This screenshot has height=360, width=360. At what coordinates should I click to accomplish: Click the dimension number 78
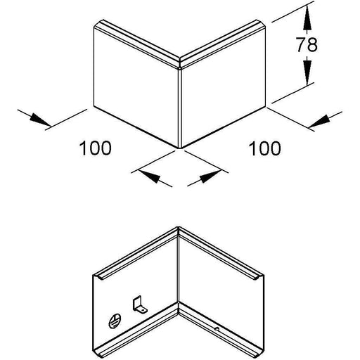tap(307, 44)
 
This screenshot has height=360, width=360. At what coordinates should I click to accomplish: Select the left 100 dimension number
tap(96, 148)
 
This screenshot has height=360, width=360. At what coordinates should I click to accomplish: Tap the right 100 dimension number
tap(264, 148)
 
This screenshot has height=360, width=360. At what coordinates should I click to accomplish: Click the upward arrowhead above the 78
tap(307, 20)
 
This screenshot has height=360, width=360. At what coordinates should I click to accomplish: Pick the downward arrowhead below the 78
tap(307, 72)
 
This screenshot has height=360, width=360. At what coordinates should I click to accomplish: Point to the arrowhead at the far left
tap(40, 120)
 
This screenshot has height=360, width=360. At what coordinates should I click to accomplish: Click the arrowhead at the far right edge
tap(319, 121)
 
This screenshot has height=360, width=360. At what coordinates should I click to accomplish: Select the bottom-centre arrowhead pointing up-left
tap(149, 176)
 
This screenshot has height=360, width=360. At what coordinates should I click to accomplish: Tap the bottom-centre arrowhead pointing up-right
tap(211, 176)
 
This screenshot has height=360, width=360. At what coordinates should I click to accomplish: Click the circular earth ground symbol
tap(115, 321)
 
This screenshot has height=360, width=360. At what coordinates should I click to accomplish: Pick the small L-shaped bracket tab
tap(139, 304)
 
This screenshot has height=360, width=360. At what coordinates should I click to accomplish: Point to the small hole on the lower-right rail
tap(217, 329)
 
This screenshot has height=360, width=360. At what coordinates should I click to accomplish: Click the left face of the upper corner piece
tap(136, 87)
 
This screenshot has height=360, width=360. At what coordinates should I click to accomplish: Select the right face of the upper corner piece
tap(224, 87)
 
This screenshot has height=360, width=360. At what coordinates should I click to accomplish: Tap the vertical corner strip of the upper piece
tap(180, 108)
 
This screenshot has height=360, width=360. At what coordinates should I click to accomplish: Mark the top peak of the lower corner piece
tap(178, 226)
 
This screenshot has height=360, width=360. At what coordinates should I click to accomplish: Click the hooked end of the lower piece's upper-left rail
tap(100, 278)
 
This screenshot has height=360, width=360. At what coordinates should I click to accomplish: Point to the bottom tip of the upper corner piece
tap(180, 148)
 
